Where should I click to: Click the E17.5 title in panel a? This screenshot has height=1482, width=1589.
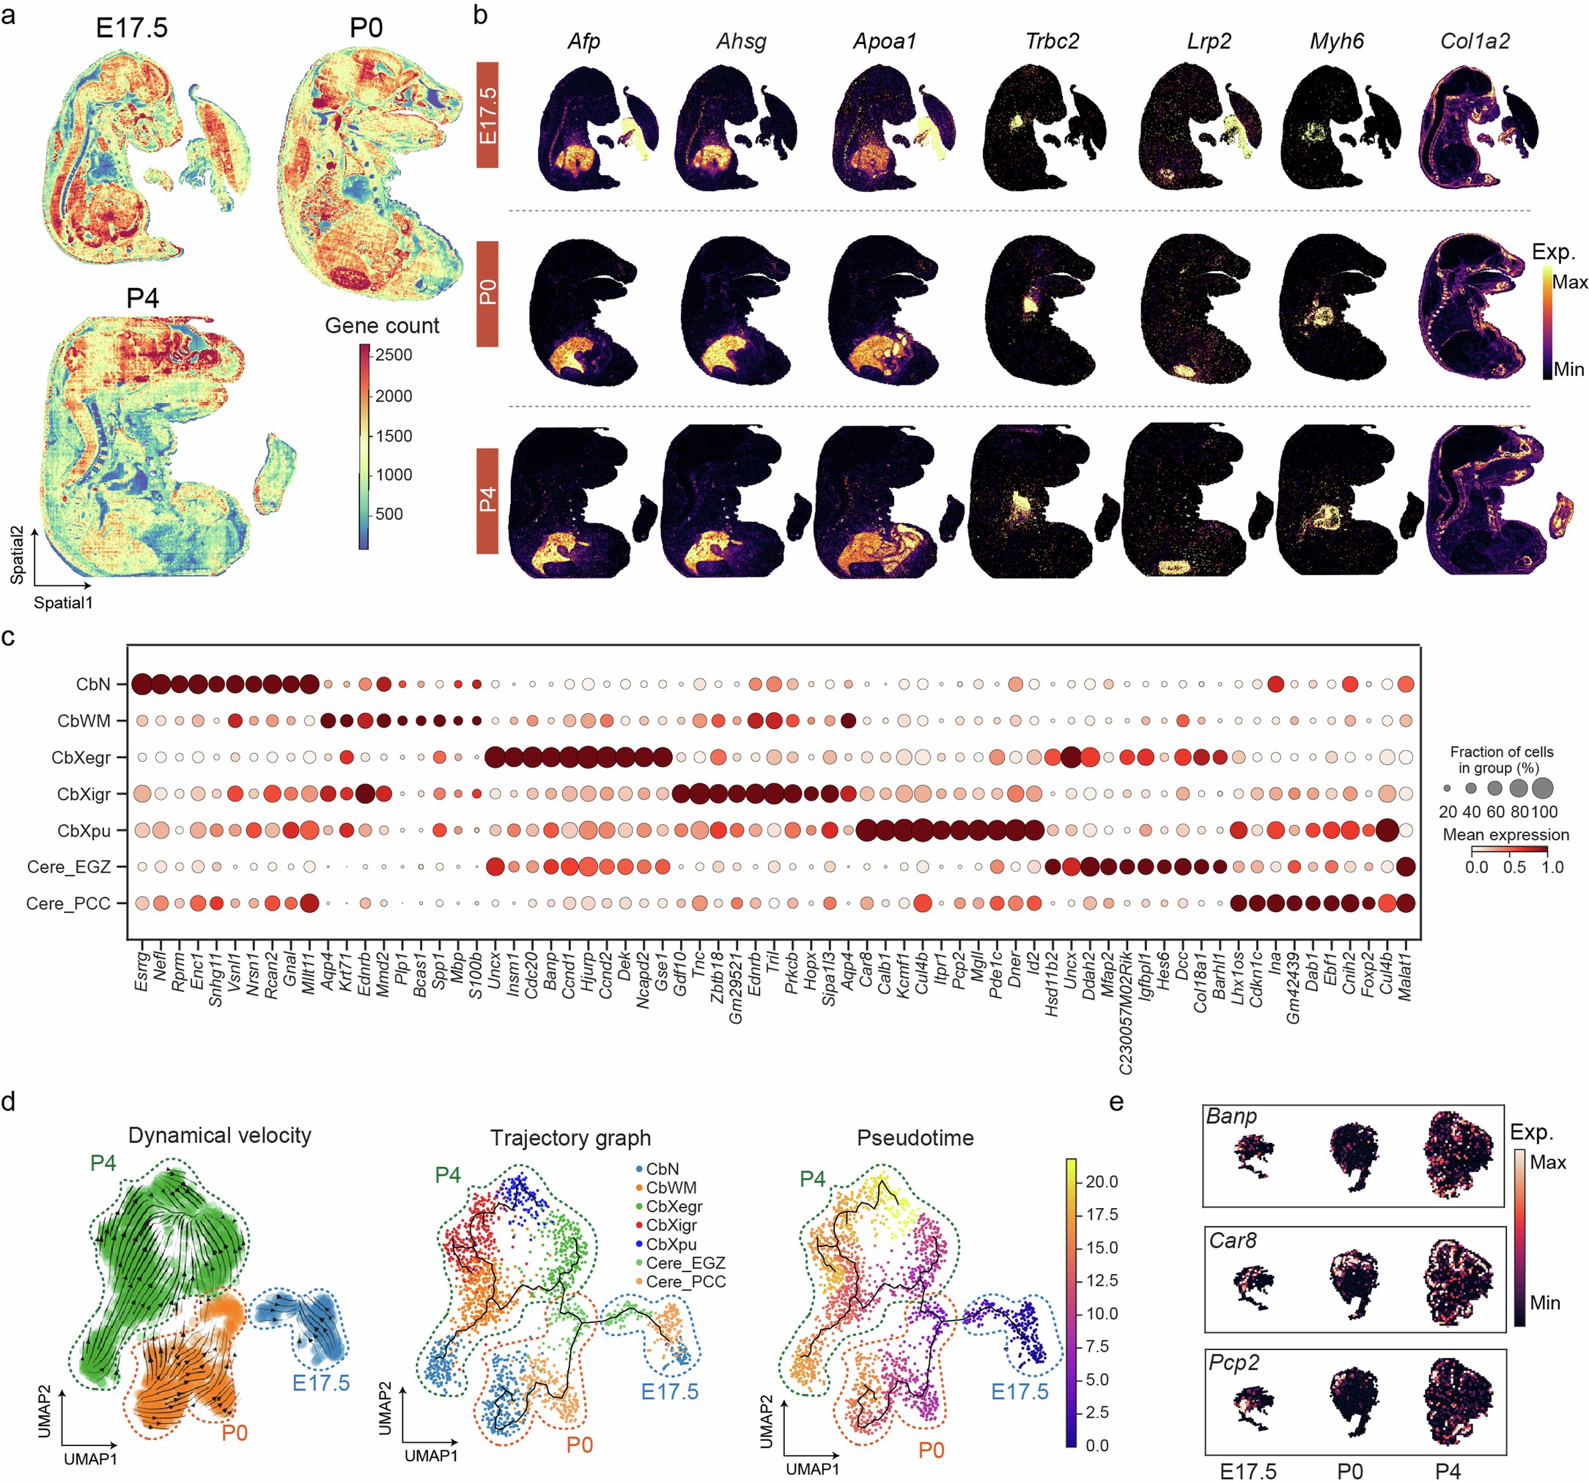pos(131,28)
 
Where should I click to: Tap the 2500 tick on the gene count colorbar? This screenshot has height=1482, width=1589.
pos(394,355)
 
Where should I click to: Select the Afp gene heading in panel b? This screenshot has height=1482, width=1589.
pos(583,42)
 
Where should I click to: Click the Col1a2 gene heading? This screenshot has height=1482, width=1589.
pos(1475,42)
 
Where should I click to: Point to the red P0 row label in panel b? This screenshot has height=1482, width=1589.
pos(487,293)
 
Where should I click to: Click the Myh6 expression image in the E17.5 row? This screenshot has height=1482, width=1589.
pos(1337,127)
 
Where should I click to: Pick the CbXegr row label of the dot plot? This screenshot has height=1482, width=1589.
pos(81,757)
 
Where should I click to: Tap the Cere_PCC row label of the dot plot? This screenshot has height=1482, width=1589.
pos(68,903)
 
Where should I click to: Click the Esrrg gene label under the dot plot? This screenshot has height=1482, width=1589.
pos(141,971)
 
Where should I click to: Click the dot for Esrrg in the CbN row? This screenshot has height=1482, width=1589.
pos(142,684)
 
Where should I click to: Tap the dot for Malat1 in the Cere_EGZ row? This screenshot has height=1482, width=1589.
pos(1405,866)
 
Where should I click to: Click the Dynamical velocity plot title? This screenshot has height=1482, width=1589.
pos(220,1135)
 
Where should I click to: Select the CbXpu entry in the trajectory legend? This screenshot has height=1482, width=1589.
pos(671,1244)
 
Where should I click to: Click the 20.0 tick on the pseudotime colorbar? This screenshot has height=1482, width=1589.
pos(1101,1182)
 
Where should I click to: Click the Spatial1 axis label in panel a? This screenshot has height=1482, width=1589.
pos(63,602)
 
